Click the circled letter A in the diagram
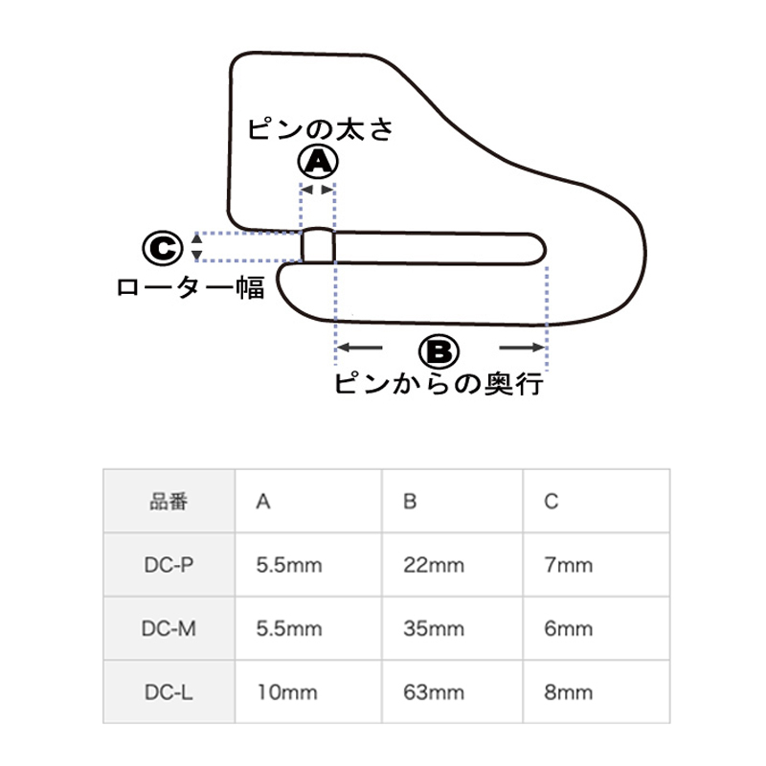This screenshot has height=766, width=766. [318, 164]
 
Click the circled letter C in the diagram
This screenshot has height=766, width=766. [163, 248]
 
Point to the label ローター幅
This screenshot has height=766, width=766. [191, 287]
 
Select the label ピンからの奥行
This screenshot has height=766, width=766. [439, 385]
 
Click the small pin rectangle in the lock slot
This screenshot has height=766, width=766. [319, 245]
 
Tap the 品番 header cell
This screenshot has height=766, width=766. [169, 501]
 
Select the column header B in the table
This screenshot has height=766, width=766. [410, 501]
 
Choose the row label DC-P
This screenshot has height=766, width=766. [169, 565]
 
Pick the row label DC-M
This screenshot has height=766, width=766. [169, 629]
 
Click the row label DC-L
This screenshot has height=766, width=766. [169, 692]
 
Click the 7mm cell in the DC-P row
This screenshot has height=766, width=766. [568, 565]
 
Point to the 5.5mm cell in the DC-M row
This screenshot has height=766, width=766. [289, 629]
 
